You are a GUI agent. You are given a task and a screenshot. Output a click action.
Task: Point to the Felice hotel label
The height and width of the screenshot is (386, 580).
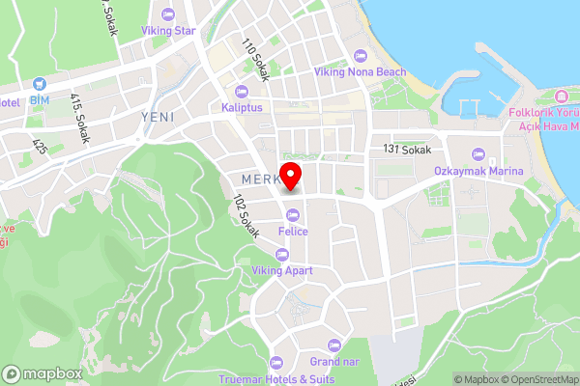pos(293,232)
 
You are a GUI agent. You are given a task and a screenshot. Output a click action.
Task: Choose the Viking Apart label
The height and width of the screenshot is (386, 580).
pos(282,271)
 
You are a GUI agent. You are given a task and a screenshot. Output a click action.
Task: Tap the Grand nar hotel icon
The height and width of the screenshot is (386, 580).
pos(335,345)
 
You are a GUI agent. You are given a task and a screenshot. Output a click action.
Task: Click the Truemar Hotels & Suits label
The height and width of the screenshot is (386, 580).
pos(275,378)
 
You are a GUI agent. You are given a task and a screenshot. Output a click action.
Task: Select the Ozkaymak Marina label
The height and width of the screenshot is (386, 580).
pos(478,171)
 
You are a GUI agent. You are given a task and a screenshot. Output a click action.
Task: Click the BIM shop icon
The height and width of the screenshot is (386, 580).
pos(39,84)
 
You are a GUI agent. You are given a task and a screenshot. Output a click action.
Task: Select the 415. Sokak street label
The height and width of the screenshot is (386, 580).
pos(79,118)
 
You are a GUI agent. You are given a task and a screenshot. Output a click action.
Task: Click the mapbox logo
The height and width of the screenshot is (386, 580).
pos(42,374)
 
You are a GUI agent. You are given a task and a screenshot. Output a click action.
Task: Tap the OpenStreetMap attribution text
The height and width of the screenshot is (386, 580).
pos(536,378)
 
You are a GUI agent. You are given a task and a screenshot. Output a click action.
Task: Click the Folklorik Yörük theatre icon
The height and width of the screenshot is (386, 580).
pos(562,97)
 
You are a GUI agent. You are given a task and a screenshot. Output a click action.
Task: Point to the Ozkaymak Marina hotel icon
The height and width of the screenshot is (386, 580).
pos(478,154)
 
